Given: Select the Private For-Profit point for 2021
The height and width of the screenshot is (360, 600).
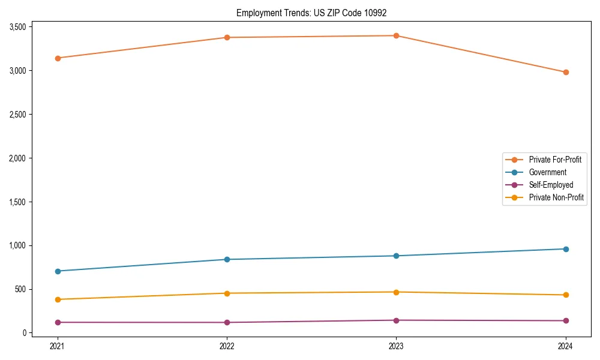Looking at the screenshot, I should [58, 58].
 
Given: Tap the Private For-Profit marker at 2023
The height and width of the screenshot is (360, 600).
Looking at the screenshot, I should [396, 35].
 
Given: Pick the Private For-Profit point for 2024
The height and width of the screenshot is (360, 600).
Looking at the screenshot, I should [566, 72].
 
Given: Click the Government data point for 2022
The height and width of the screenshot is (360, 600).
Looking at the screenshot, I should [227, 259].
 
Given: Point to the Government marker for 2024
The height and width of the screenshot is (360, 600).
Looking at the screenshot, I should [566, 249].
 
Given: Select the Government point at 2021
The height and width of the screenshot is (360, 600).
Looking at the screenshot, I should [58, 271].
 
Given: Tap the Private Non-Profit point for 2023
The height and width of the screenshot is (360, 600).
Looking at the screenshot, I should [396, 292].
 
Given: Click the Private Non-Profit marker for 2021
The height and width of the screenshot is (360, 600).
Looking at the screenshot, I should [58, 299].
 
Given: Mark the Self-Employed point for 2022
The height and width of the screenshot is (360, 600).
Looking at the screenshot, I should [227, 322].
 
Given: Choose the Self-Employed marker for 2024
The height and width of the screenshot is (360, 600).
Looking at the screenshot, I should [566, 320].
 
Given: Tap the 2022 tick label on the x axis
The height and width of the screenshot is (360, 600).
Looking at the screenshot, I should [227, 346].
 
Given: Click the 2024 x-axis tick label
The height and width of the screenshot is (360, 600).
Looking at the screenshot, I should [566, 346].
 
